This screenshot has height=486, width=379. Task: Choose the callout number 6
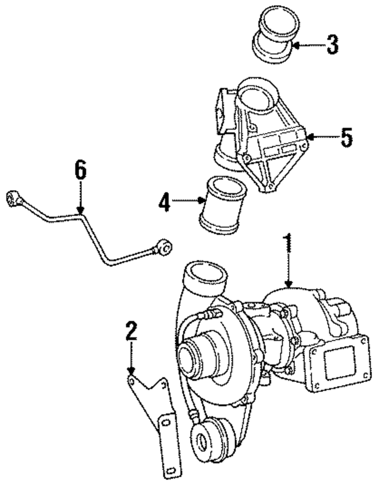pos(80,172)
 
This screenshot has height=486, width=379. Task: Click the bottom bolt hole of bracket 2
pos(171,469)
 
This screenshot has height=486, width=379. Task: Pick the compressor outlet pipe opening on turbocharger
pos(207,276)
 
